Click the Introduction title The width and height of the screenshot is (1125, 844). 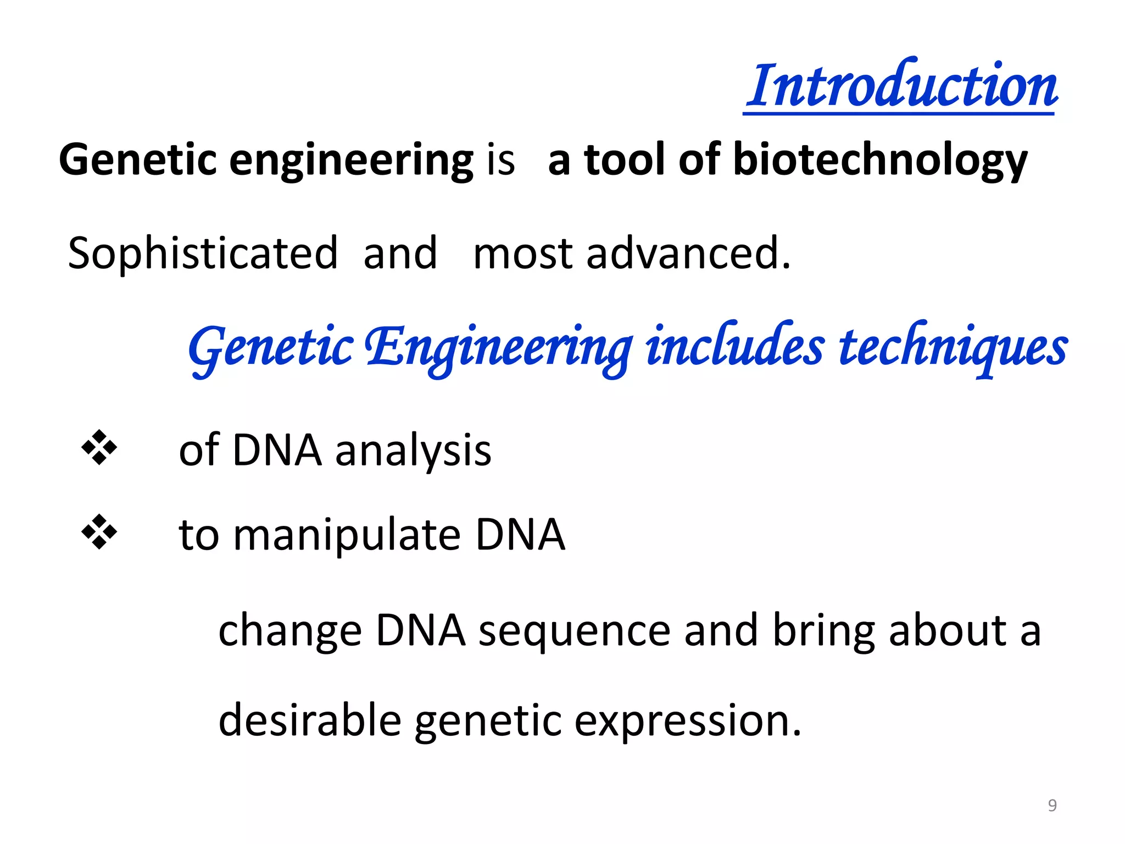(x=901, y=85)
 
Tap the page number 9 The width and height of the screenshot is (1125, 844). (x=1052, y=805)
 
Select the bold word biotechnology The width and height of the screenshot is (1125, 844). (x=880, y=159)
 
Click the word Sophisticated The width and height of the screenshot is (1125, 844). (x=203, y=254)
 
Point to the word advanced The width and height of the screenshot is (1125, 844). (x=688, y=254)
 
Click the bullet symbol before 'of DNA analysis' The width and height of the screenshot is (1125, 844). (x=99, y=448)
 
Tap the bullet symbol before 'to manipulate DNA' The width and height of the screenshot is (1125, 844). (x=99, y=532)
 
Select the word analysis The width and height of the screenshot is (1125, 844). (x=413, y=451)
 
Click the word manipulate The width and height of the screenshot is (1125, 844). (x=347, y=536)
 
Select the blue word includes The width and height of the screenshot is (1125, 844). (x=734, y=346)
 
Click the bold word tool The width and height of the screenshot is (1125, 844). (x=625, y=159)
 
